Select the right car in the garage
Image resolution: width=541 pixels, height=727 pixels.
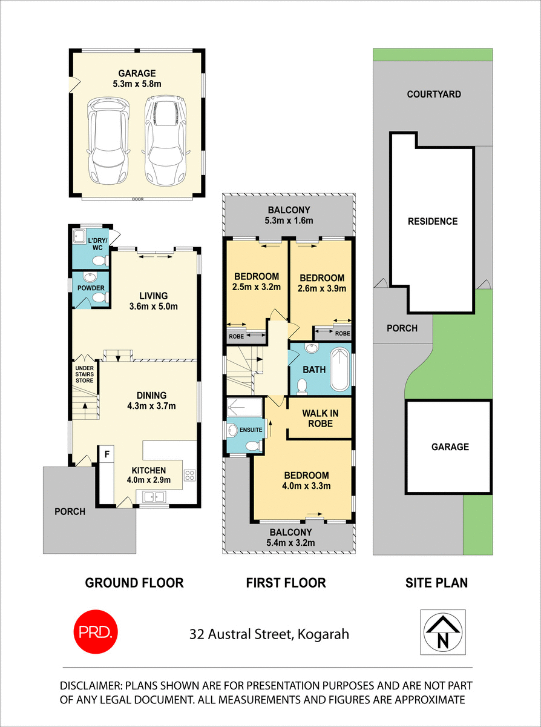(163, 141)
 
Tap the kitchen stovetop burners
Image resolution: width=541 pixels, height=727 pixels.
(189, 475)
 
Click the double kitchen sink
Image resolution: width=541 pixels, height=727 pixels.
(156, 497)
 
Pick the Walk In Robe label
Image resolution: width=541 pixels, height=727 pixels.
(320, 418)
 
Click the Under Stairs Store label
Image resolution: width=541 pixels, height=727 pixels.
(84, 374)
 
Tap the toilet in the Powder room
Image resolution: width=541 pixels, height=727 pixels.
(100, 297)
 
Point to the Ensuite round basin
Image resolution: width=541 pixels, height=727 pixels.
(234, 430)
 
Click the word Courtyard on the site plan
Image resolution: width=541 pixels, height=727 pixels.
(434, 94)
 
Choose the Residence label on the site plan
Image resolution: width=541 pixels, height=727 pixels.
(433, 221)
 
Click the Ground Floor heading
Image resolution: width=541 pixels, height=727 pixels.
(134, 583)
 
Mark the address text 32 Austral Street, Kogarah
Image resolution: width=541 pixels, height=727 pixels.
(269, 635)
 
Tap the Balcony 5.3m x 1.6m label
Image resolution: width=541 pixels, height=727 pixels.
(289, 215)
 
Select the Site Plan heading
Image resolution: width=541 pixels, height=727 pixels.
(436, 583)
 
